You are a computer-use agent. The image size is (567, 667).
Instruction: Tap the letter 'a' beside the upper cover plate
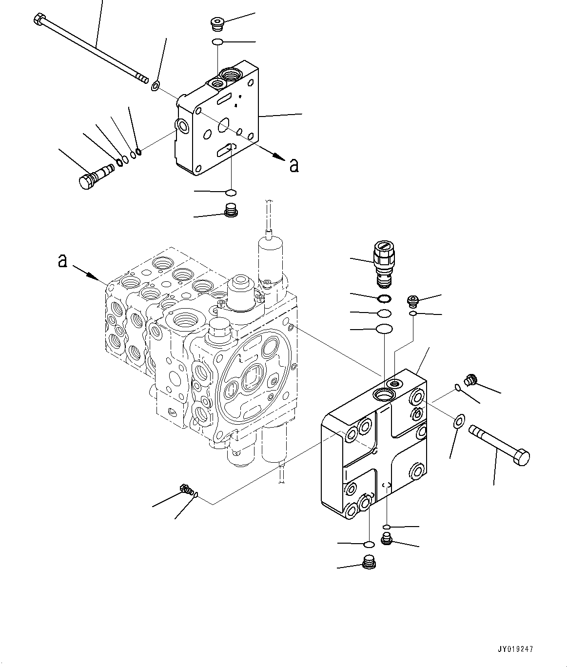click(293, 165)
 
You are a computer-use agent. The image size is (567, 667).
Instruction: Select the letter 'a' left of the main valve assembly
click(62, 261)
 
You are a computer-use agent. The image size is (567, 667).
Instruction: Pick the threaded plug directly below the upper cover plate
click(230, 211)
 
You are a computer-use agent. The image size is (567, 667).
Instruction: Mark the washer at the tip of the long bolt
click(155, 87)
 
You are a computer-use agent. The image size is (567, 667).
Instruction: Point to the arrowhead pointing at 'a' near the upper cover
click(279, 157)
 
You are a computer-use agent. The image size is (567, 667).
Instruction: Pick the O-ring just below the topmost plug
click(218, 42)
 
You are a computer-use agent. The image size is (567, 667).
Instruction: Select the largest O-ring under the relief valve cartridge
click(384, 330)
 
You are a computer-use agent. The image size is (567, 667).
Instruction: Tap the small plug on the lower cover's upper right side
click(471, 379)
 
